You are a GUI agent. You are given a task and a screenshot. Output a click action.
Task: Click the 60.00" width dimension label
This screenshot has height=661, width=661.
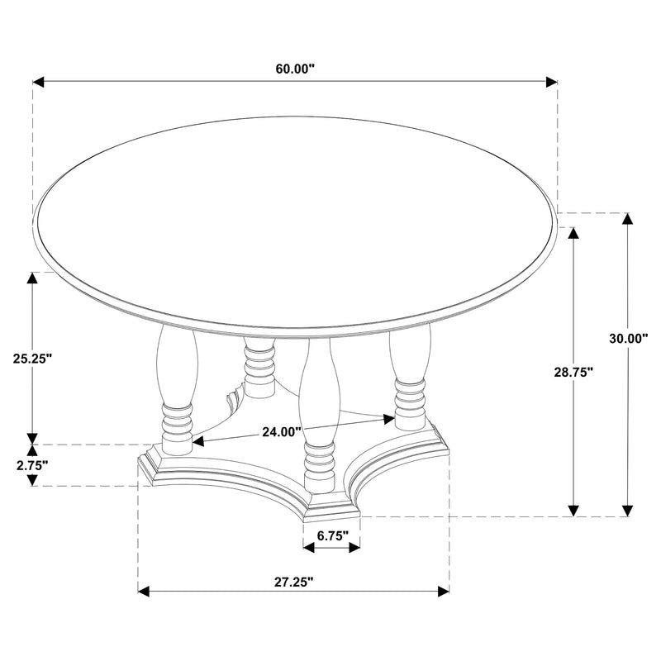click(x=295, y=69)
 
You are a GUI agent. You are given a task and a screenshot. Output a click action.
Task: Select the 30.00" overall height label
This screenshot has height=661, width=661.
click(x=630, y=338)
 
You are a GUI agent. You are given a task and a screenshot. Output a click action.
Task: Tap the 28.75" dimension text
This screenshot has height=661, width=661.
click(x=574, y=373)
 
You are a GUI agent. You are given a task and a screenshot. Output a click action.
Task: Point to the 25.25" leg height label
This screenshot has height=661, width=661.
click(x=33, y=359)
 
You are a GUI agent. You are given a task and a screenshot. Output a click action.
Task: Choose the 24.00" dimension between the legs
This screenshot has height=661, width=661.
click(x=283, y=430)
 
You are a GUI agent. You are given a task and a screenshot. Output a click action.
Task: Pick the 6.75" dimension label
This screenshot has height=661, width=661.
click(x=331, y=535)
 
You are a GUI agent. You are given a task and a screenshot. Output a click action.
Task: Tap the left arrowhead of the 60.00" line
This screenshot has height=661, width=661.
click(x=38, y=82)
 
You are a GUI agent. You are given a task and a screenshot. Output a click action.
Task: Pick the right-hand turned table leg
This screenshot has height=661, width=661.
click(x=409, y=376)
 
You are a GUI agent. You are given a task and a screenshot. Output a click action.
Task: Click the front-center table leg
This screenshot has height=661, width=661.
click(x=318, y=413)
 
